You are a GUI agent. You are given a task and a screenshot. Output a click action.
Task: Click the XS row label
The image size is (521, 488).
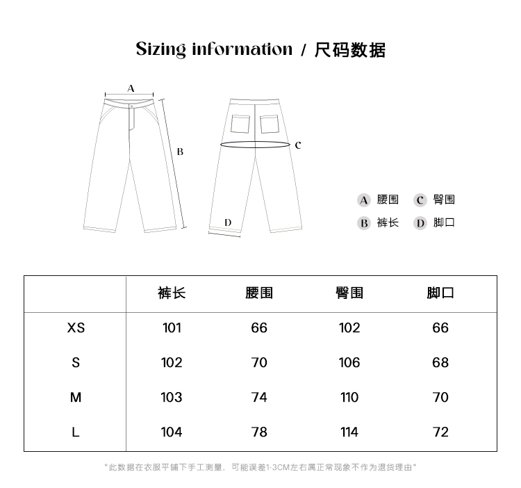pyautogui.click(x=76, y=327)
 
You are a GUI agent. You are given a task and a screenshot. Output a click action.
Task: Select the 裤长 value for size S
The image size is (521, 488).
pyautogui.click(x=172, y=362)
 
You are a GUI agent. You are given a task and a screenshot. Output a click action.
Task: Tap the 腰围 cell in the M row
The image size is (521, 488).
pyautogui.click(x=259, y=397)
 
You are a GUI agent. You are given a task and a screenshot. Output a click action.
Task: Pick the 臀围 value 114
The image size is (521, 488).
pyautogui.click(x=349, y=432)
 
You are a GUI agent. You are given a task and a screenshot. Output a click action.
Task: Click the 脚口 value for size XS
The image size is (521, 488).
pyautogui.click(x=440, y=327)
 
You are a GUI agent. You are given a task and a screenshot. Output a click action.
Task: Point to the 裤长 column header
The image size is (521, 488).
pyautogui.click(x=172, y=293)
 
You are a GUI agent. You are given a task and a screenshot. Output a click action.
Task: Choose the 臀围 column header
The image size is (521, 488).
pyautogui.click(x=349, y=293)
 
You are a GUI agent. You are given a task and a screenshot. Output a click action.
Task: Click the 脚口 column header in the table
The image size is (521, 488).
pyautogui.click(x=440, y=293)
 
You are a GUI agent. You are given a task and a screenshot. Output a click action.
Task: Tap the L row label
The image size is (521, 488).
pyautogui.click(x=76, y=432)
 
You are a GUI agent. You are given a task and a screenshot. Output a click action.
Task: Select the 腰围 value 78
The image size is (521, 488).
pyautogui.click(x=259, y=432)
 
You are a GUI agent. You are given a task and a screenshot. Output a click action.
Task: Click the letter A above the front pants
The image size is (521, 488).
pyautogui.click(x=131, y=88)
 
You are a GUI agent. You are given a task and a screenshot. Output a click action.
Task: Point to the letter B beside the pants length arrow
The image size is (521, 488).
pyautogui.click(x=179, y=152)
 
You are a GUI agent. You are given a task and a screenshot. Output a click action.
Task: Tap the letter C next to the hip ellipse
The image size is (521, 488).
pyautogui.click(x=297, y=145)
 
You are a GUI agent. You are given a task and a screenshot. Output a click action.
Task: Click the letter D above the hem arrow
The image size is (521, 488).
pyautogui.click(x=228, y=222)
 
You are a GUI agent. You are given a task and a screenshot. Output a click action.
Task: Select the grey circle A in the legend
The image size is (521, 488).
pyautogui.click(x=364, y=200)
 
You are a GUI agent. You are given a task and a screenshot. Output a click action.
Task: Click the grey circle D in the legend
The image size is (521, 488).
pyautogui.click(x=420, y=223)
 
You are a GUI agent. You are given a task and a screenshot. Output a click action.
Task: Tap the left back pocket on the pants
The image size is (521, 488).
pyautogui.click(x=240, y=123)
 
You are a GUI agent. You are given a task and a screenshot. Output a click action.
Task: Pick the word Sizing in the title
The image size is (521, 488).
pyautogui.click(x=160, y=49)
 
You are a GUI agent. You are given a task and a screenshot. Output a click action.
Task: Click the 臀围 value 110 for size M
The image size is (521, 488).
pyautogui.click(x=349, y=397)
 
